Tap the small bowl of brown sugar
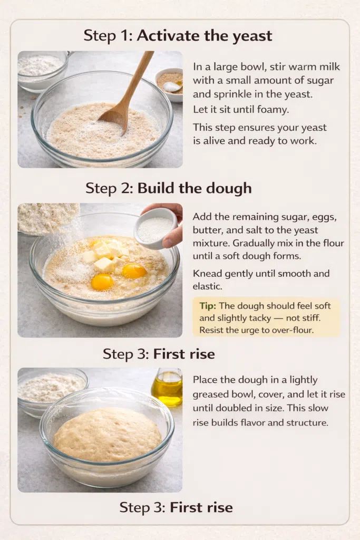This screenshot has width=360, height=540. point(169,84)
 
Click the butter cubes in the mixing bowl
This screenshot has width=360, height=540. point(105,257)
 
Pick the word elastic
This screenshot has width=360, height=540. point(207,286)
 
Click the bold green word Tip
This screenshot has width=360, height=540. point(208,306)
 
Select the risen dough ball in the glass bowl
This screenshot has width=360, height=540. point(108,435)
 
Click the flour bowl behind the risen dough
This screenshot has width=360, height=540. point(52,388)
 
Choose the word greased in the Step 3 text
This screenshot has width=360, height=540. point(211,394)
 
